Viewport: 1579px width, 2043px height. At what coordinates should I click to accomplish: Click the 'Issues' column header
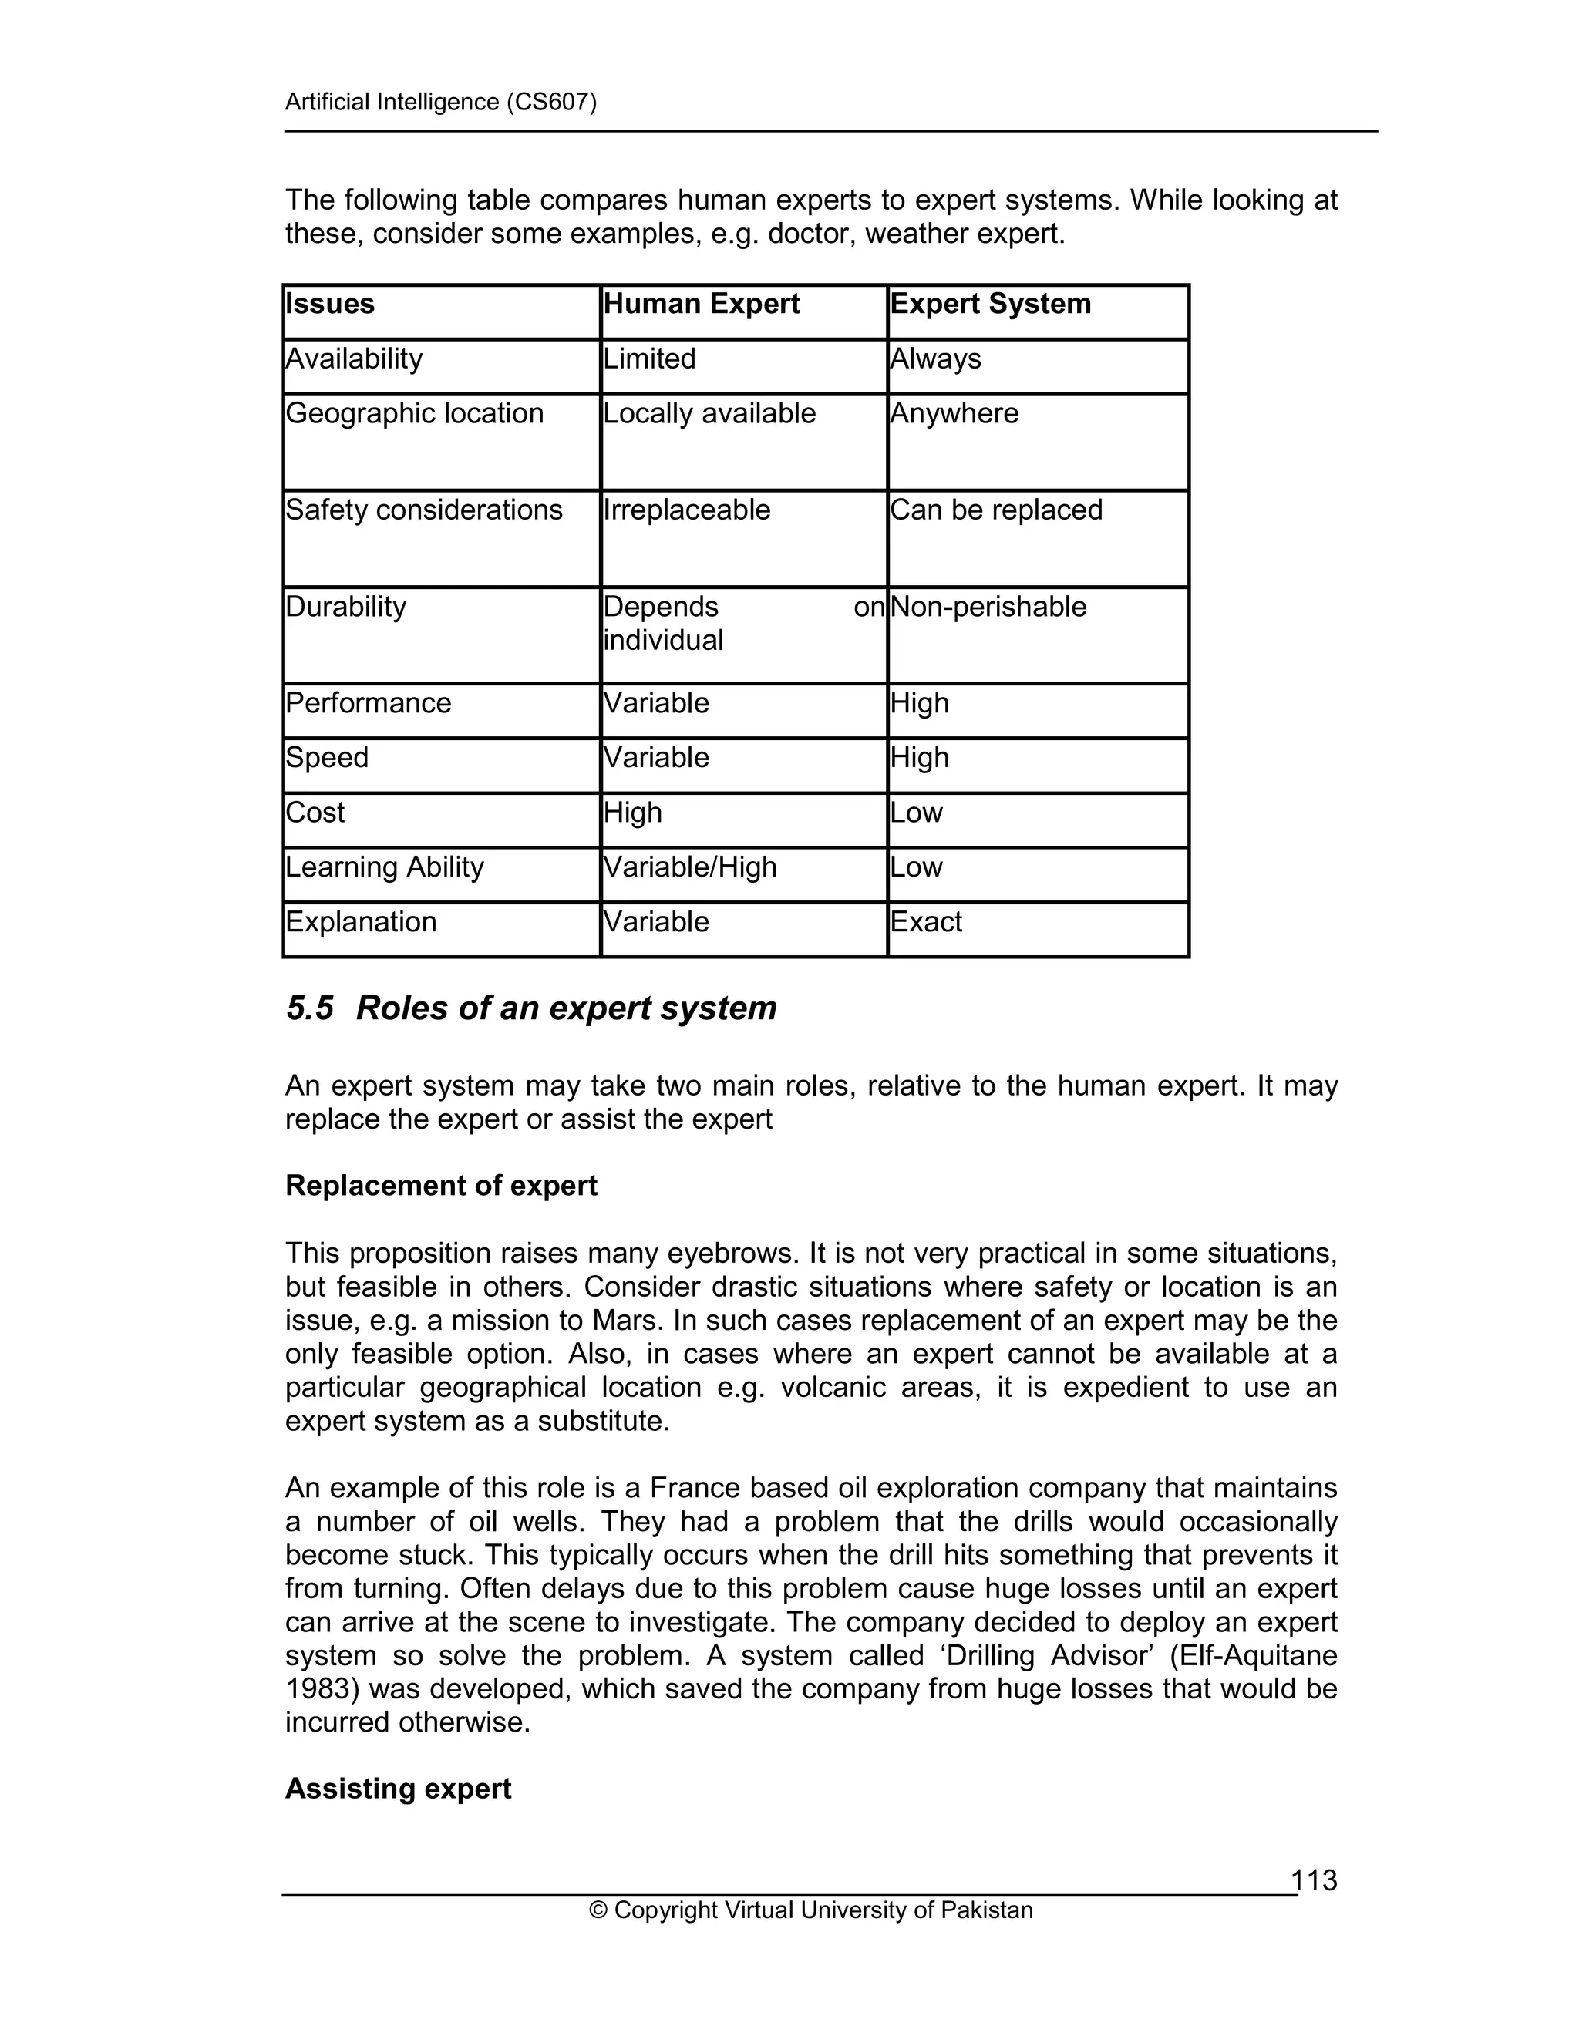pos(329,304)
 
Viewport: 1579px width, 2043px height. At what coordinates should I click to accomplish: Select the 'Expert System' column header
pos(990,304)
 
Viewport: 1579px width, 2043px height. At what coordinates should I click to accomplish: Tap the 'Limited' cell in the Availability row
pos(649,359)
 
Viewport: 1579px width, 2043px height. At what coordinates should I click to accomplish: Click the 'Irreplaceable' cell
pos(687,510)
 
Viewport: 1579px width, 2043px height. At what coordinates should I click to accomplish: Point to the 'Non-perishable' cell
pos(988,607)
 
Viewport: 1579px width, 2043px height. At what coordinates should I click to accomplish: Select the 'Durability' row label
pos(345,607)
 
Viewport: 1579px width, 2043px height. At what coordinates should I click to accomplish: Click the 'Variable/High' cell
pos(689,867)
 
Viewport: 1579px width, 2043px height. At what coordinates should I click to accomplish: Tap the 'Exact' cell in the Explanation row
pos(925,922)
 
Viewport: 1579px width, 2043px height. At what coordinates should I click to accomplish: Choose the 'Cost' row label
pos(315,813)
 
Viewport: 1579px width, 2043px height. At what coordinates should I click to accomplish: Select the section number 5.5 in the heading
pos(310,1008)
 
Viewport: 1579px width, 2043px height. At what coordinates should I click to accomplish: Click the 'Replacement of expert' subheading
pos(440,1186)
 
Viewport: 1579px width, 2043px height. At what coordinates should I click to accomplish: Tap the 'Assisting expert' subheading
pos(398,1789)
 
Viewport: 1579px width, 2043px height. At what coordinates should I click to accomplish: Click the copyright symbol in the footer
pos(598,1910)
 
